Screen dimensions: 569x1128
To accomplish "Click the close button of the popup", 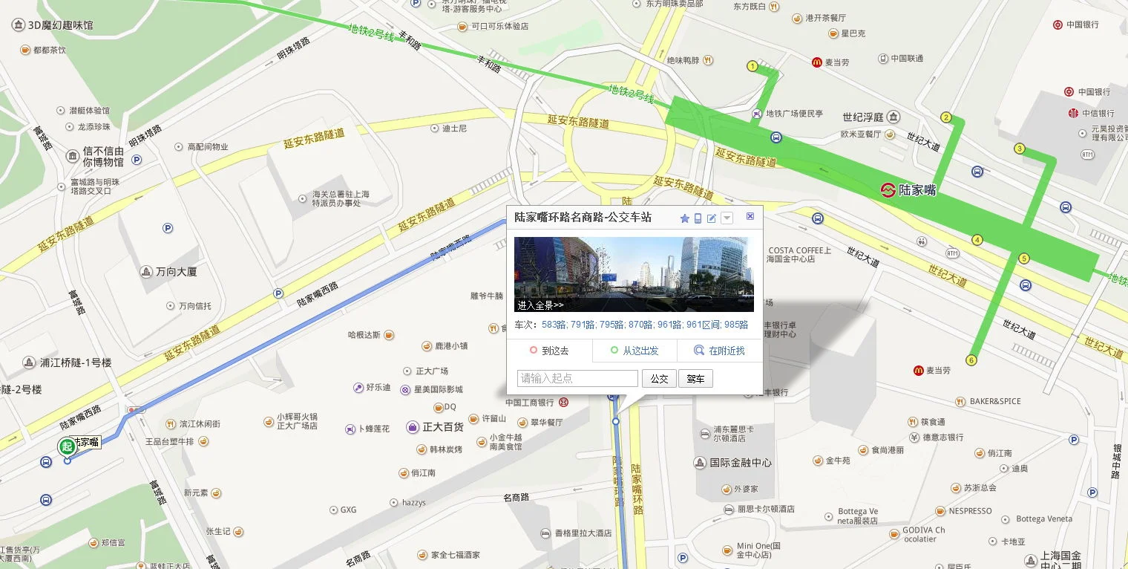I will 750,216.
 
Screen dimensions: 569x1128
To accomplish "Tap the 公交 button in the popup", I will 659,379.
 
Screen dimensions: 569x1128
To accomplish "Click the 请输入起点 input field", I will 577,379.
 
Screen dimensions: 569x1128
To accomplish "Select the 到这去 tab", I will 550,351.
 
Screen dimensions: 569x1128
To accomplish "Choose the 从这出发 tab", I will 634,351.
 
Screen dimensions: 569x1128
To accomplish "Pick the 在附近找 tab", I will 719,351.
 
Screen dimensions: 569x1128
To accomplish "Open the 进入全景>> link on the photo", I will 540,305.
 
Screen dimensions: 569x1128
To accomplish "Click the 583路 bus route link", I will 554,325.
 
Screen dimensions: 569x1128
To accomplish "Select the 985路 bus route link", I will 736,325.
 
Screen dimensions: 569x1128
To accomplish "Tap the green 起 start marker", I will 67,446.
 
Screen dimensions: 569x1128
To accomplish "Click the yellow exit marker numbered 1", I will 752,66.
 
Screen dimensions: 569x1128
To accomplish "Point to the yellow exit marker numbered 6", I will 971,361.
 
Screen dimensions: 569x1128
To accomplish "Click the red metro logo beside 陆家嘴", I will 888,189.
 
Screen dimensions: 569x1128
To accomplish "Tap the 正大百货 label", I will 442,427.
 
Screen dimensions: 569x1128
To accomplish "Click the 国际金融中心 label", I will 740,463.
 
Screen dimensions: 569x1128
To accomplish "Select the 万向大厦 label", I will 176,272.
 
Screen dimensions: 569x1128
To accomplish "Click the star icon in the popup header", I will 684,218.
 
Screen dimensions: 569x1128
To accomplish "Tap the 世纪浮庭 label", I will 863,117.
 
